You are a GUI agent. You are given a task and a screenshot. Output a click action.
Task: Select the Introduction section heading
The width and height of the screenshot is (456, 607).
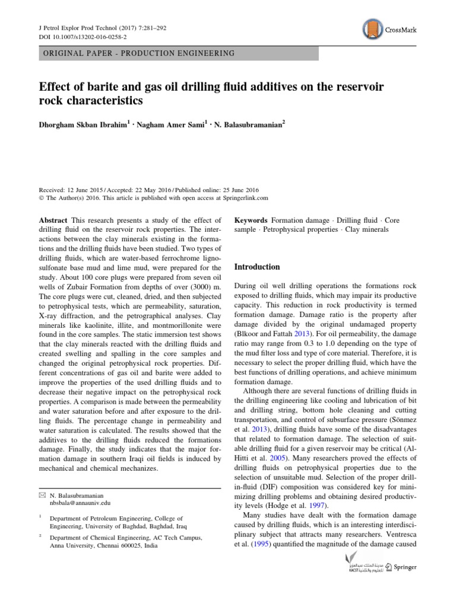tap(259, 267)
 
